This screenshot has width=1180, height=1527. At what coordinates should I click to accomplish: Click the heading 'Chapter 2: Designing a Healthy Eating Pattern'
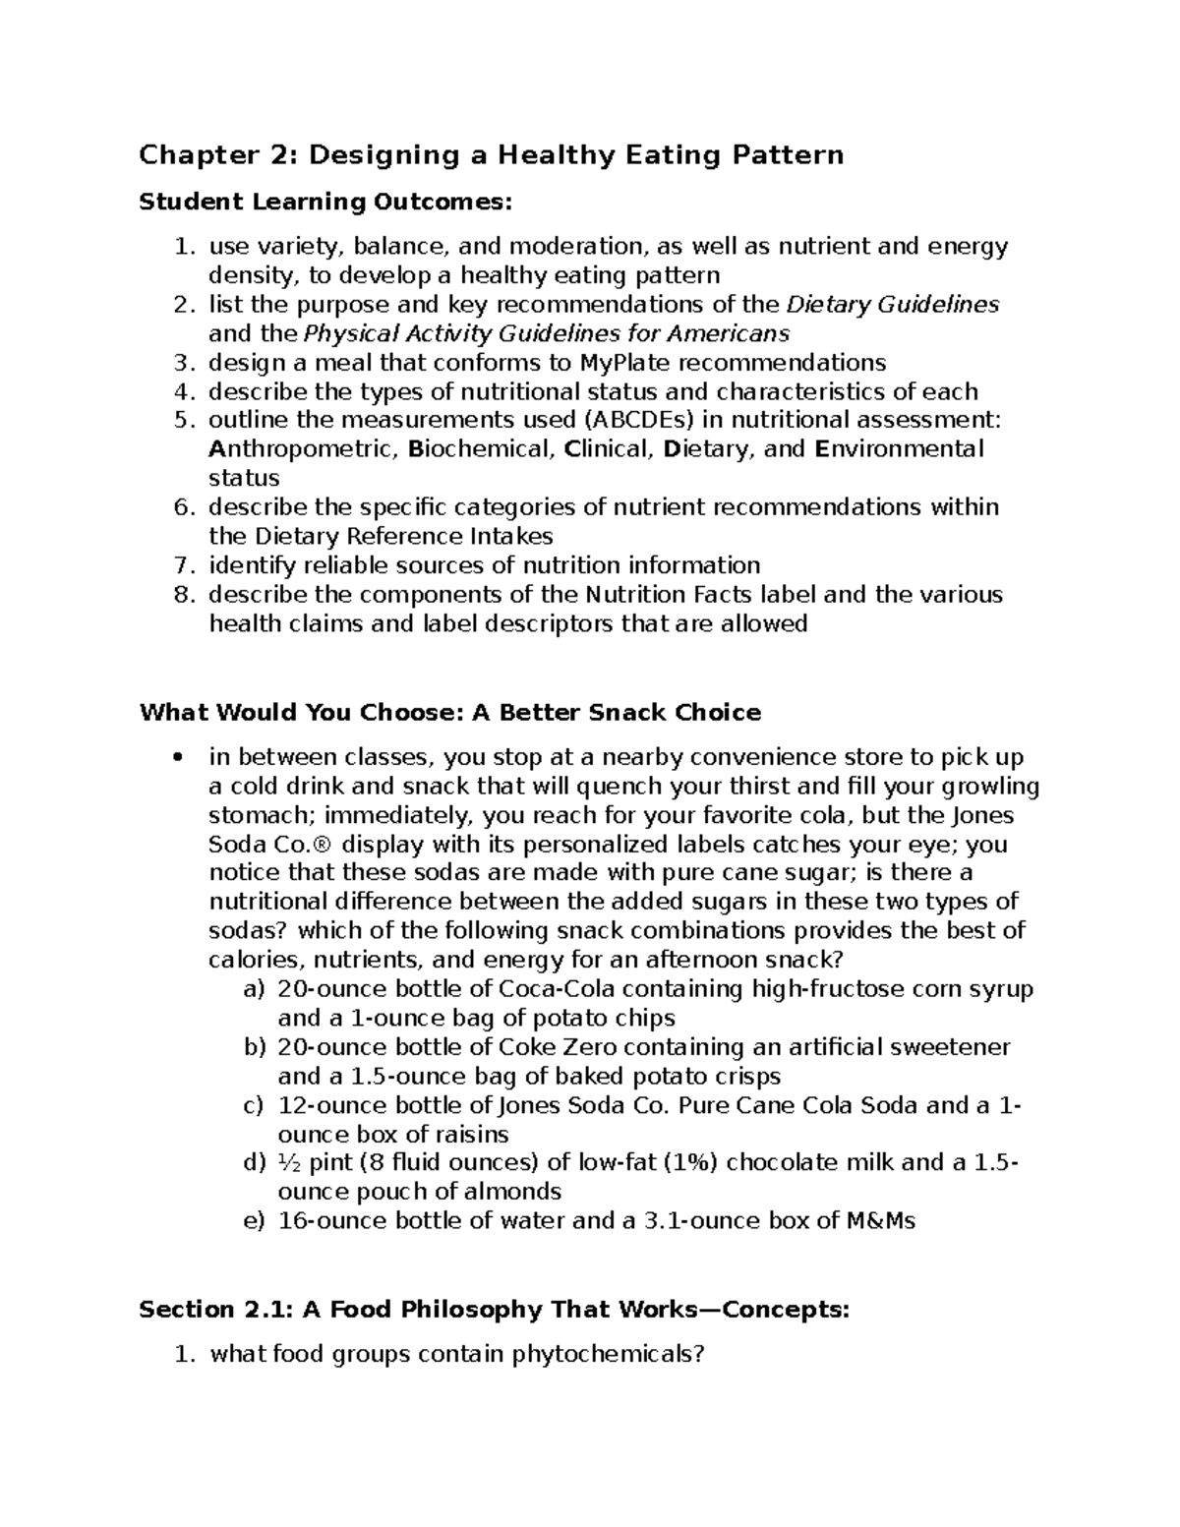coord(491,155)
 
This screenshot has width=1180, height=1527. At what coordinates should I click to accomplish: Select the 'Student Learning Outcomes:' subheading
coord(325,203)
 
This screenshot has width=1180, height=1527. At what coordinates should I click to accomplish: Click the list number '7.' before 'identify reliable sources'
coord(183,565)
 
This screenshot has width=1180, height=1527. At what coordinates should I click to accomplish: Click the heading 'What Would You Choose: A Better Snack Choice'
coord(450,712)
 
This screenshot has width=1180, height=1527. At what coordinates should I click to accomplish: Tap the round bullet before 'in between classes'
coord(177,758)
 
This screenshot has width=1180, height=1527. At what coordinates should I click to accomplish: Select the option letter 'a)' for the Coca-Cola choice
coord(254,989)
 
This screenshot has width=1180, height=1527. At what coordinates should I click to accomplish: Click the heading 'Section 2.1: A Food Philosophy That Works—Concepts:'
coord(494,1310)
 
